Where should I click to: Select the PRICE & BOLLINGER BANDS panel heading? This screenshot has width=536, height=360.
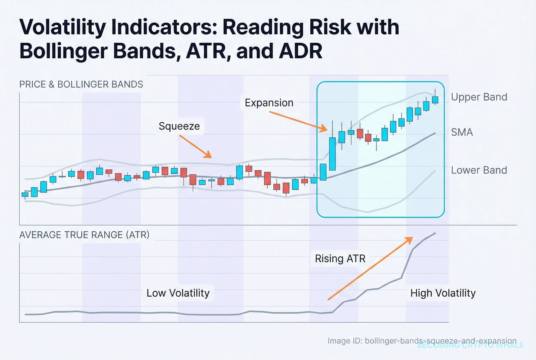[x=81, y=84]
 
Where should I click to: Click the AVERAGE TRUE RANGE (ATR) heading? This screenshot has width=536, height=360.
[x=84, y=235]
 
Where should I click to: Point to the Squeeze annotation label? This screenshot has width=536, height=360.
[x=179, y=126]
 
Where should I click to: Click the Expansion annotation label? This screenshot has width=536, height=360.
[x=269, y=103]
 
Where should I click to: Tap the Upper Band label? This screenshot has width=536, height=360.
[x=479, y=97]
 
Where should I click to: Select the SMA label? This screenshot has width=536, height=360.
[x=461, y=132]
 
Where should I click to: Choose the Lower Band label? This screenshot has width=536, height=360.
[x=479, y=170]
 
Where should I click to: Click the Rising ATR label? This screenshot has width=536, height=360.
[x=340, y=259]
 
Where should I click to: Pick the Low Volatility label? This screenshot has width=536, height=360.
[x=178, y=293]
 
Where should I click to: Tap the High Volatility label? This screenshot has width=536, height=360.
[x=443, y=293]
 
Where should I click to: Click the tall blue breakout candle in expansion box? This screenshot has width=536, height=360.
[x=332, y=153]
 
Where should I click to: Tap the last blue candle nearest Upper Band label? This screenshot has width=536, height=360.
[x=435, y=99]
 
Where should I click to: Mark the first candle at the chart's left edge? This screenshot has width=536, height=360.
[x=25, y=194]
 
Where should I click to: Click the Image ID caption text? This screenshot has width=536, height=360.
[x=422, y=341]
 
